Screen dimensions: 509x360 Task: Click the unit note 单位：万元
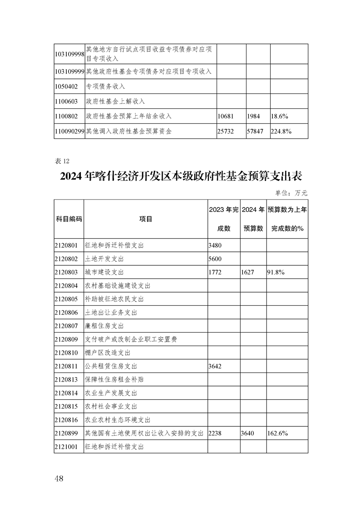point(291,193)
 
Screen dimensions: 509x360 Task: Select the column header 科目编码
point(69,219)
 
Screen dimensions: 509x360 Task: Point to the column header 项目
point(146,219)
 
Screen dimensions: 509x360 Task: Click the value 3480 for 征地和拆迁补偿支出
point(215,245)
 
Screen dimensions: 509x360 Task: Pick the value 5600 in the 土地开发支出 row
point(215,259)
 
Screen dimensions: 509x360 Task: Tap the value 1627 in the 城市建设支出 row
point(248,272)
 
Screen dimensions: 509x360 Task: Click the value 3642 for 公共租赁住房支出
point(215,366)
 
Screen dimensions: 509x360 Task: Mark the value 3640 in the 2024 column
point(248,433)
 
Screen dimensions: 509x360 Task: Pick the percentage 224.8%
point(281,131)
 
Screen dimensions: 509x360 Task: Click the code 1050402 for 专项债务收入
point(66,86)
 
